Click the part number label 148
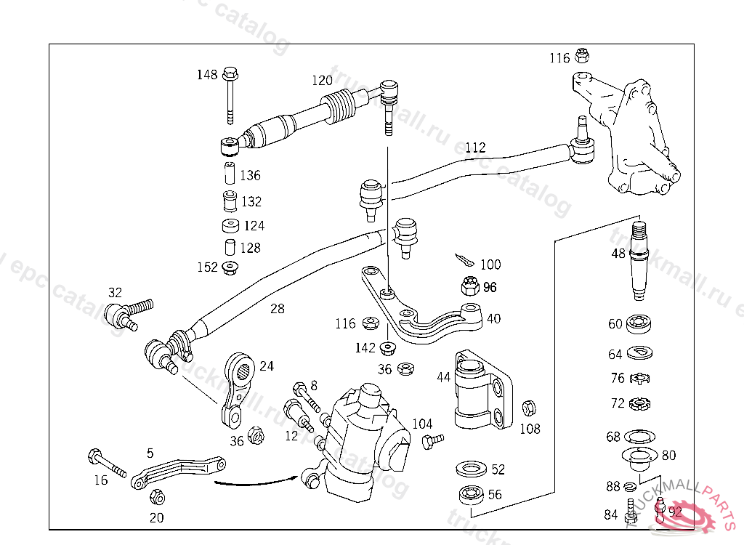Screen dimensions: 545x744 pos(207,75)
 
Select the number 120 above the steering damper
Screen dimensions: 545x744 pos(322,81)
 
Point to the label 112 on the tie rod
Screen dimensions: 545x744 pos(475,148)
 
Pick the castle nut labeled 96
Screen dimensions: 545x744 pos(469,286)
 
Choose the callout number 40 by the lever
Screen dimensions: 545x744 pos(493,318)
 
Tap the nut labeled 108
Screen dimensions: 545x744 pos(529,408)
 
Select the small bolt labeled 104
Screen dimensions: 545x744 pos(432,440)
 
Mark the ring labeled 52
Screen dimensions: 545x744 pos(470,469)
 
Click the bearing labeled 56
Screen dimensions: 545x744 pos(470,494)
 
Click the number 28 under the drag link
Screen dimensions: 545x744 pos(277,308)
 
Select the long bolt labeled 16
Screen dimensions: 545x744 pos(105,461)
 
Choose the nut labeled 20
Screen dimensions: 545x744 pos(155,498)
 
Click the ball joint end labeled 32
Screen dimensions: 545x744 pos(123,315)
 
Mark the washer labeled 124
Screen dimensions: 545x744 pos(232,225)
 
